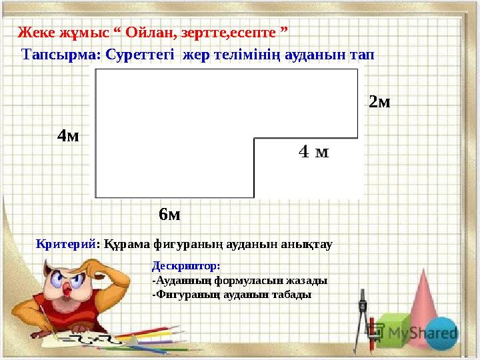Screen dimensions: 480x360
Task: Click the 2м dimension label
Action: (379, 101)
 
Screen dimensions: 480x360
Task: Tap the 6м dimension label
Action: (169, 214)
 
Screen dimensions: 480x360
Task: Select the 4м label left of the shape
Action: (68, 135)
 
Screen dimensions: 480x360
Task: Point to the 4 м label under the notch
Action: (314, 151)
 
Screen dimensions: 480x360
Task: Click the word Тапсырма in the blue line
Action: (61, 55)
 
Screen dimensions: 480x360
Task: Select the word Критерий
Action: (66, 244)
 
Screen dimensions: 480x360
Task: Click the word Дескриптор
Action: (186, 266)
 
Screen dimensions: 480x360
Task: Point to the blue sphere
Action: (441, 334)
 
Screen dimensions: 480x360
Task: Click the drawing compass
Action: (363, 321)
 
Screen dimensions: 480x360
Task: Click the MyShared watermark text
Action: (423, 333)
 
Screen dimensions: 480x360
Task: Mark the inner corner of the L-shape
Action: (254, 139)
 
